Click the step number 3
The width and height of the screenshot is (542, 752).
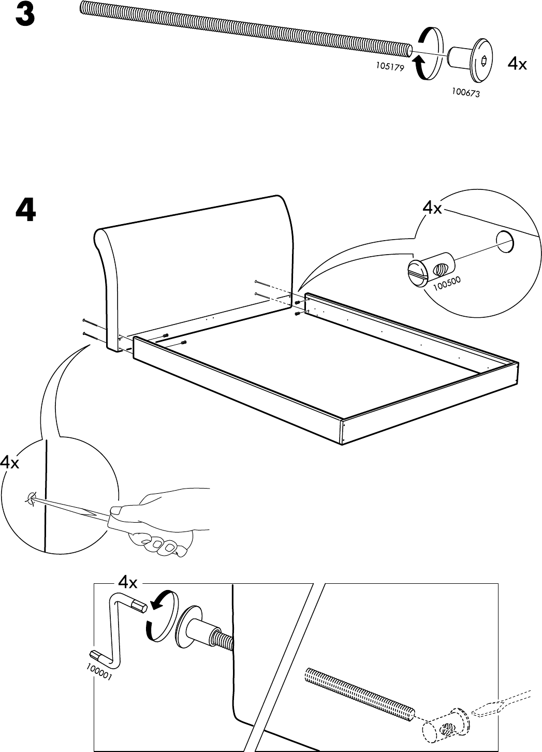pyautogui.click(x=25, y=16)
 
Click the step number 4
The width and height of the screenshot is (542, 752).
pyautogui.click(x=26, y=210)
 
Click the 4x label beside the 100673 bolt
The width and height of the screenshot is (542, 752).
pyautogui.click(x=517, y=64)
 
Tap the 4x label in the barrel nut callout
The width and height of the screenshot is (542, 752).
pyautogui.click(x=432, y=209)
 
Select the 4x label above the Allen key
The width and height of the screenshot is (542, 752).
pyautogui.click(x=128, y=583)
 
